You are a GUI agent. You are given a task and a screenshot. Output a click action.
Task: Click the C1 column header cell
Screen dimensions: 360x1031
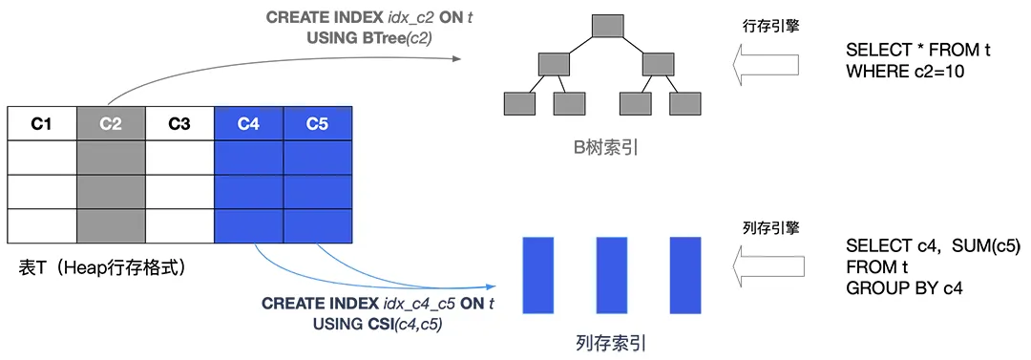click(41, 123)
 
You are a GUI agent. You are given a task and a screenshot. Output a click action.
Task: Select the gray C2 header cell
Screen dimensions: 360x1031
click(111, 123)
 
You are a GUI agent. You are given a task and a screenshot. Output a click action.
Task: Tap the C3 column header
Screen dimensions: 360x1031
click(179, 123)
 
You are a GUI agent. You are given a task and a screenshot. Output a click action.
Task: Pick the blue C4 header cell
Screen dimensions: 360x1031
click(249, 123)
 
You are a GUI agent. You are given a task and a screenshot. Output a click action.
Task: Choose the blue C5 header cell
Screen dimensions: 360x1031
click(318, 123)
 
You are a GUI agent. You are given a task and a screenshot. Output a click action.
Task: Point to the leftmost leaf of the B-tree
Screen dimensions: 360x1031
click(520, 103)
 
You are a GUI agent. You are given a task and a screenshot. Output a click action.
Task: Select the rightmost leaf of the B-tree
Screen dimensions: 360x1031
click(686, 103)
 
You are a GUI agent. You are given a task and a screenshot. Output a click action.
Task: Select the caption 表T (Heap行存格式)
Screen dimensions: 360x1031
click(102, 268)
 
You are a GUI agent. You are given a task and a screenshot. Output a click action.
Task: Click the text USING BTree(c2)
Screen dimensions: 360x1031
click(368, 37)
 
